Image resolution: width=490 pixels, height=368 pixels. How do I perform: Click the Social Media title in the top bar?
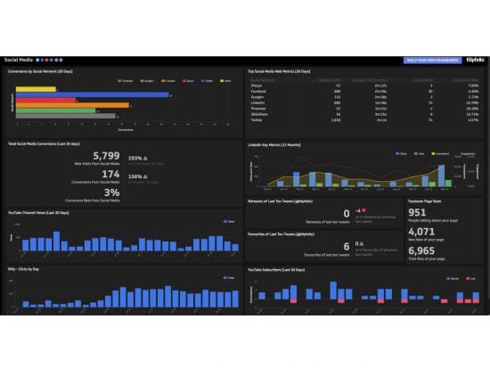(20, 60)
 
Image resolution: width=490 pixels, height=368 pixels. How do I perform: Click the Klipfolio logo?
(475, 60)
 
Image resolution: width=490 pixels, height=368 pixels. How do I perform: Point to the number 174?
(110, 175)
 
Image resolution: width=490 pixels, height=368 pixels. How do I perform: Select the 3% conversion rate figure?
(112, 192)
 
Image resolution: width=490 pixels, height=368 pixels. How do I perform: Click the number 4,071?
(421, 231)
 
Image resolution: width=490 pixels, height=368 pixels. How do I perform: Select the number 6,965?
(421, 249)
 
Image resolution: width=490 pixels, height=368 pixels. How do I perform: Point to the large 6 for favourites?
(346, 247)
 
